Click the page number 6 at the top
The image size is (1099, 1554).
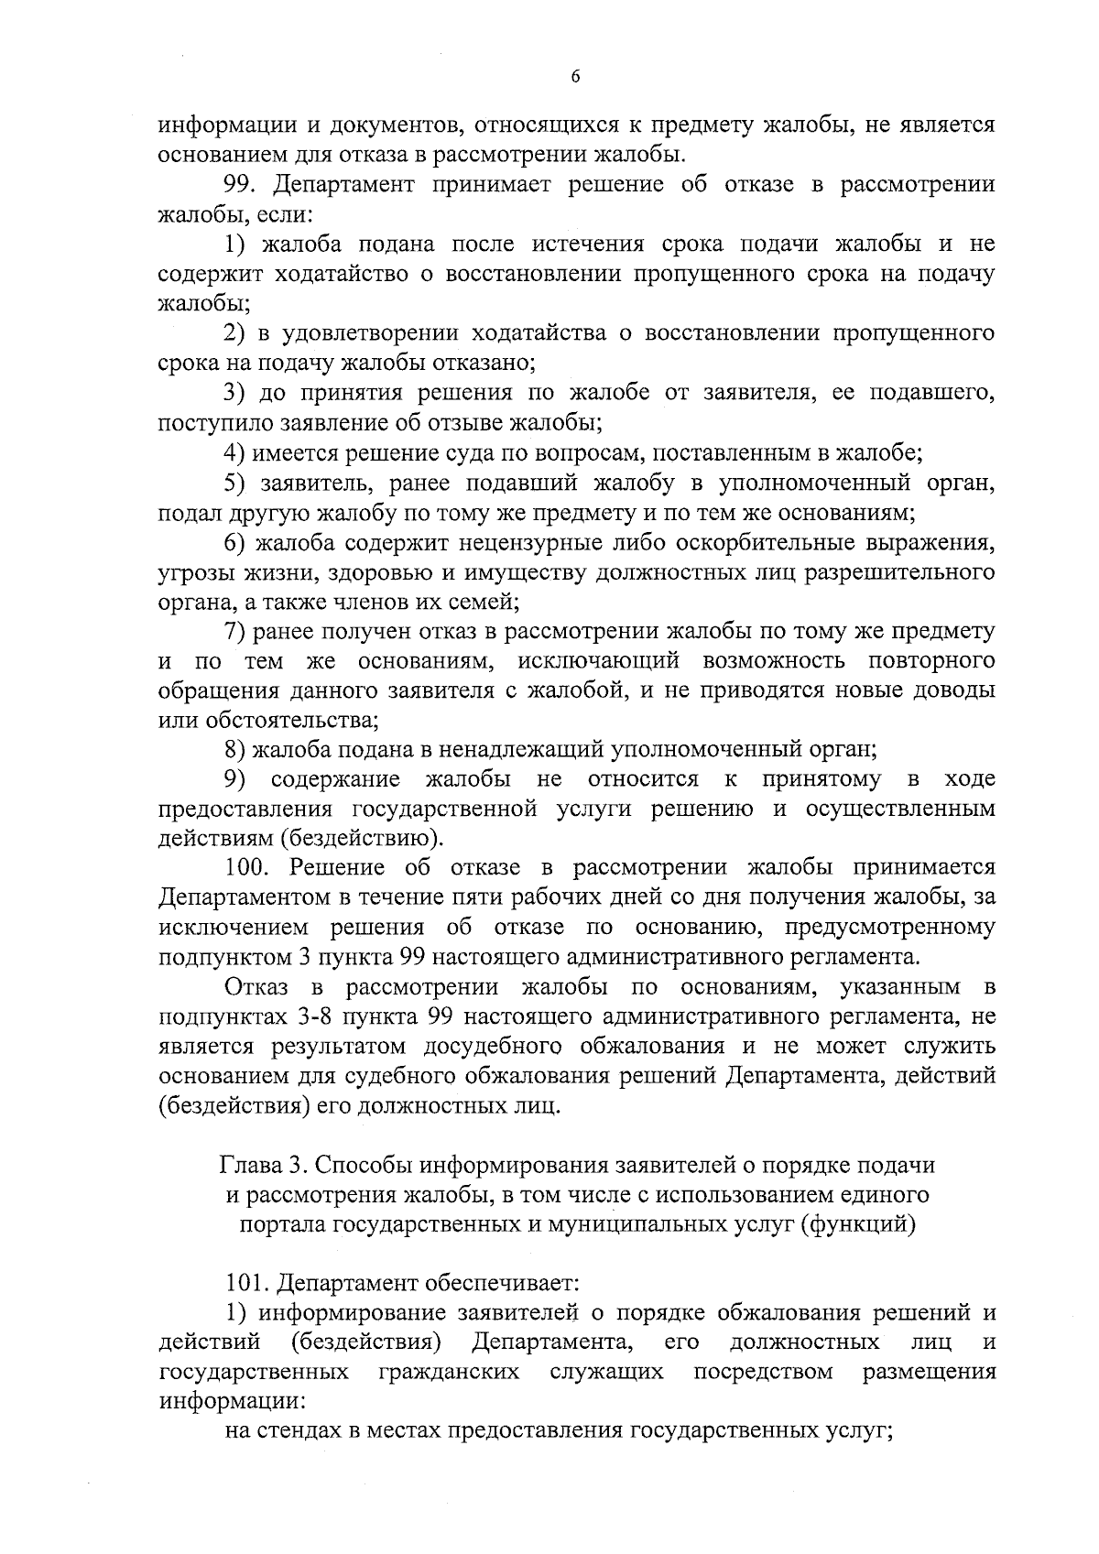click(x=574, y=78)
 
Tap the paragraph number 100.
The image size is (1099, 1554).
click(x=248, y=867)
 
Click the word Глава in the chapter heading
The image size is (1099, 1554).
click(x=249, y=1166)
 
